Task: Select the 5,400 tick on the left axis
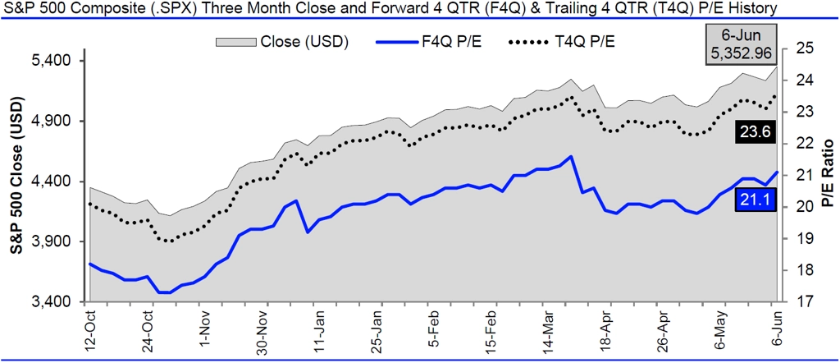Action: (x=52, y=62)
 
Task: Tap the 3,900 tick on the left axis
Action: (x=52, y=241)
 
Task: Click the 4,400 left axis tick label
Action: (x=52, y=181)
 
